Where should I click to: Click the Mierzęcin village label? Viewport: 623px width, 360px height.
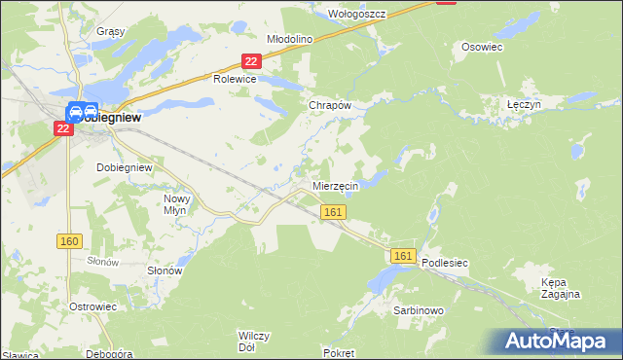tap(336, 185)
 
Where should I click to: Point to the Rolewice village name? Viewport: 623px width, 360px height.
tap(235, 80)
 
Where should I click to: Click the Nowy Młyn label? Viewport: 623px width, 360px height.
tap(176, 202)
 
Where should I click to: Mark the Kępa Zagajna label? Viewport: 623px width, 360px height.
tap(560, 288)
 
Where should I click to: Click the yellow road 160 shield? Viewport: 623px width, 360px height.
tap(70, 241)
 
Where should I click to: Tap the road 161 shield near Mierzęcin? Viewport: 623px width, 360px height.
tap(333, 212)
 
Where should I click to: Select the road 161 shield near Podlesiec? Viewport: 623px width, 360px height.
tap(405, 255)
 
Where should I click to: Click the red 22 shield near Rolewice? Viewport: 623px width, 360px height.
tap(251, 61)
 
